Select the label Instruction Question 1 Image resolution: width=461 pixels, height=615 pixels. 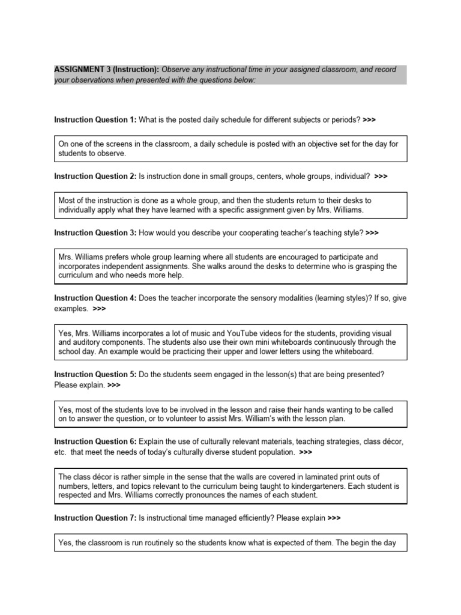point(95,120)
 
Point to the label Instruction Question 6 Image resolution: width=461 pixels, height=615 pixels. point(95,441)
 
